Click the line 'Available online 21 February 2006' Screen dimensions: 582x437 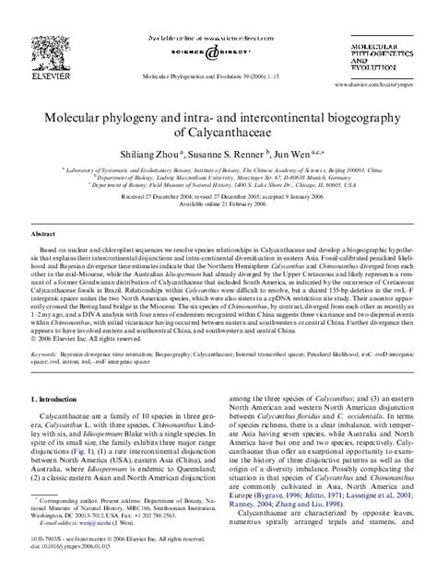click(218, 204)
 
